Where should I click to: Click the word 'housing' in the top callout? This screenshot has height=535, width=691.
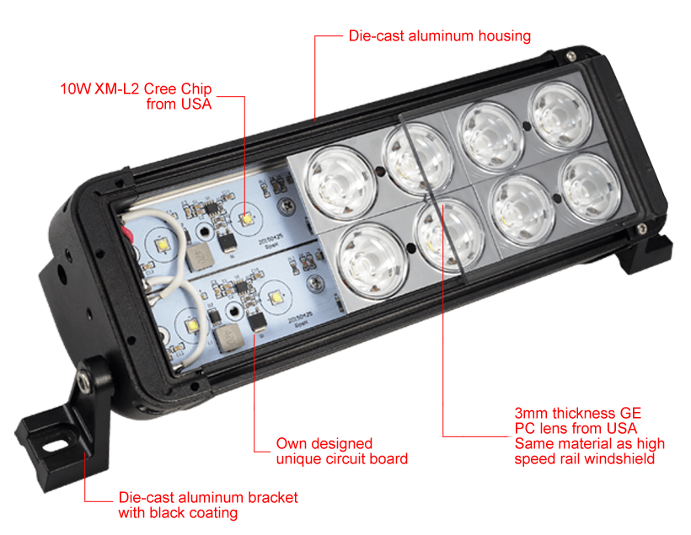pyautogui.click(x=505, y=36)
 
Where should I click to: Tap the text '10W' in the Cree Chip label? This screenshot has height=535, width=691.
pyautogui.click(x=75, y=88)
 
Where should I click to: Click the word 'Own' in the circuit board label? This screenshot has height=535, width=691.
pyautogui.click(x=292, y=443)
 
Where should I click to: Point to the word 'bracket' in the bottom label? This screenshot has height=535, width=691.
pyautogui.click(x=273, y=498)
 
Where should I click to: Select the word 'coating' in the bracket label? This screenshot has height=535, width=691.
pyautogui.click(x=214, y=513)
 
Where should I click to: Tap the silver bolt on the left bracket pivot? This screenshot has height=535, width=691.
pyautogui.click(x=83, y=378)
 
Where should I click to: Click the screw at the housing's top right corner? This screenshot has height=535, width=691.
pyautogui.click(x=570, y=56)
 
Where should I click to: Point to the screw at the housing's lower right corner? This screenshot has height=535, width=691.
pyautogui.click(x=641, y=228)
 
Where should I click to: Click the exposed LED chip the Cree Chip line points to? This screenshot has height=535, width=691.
pyautogui.click(x=245, y=217)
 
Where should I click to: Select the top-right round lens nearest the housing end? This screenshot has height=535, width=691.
pyautogui.click(x=560, y=116)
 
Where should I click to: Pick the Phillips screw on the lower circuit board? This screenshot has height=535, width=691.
pyautogui.click(x=314, y=281)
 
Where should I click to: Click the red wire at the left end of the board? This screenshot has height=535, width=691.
pyautogui.click(x=128, y=236)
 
